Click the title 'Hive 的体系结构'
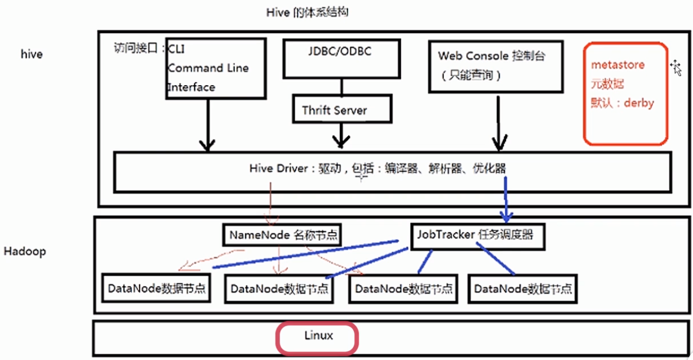coord(307,12)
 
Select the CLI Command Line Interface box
coord(215,68)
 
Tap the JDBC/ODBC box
coord(340,58)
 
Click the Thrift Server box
coord(341,109)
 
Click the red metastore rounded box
coord(625,93)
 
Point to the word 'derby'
coord(638,104)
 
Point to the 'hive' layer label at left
coord(32,55)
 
